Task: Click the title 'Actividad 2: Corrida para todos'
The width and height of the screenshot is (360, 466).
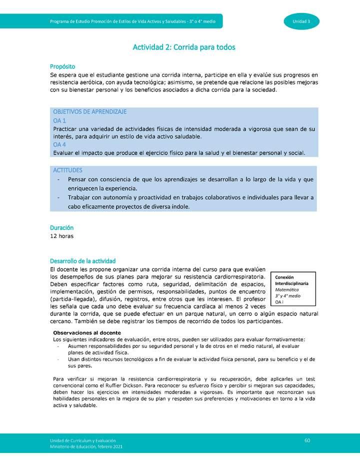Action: (183, 47)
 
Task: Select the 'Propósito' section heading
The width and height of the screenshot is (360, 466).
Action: (62, 66)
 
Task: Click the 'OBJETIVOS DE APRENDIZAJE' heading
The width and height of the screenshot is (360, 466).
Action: (89, 111)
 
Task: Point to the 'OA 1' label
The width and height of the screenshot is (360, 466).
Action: (59, 120)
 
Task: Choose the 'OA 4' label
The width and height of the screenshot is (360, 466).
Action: (59, 144)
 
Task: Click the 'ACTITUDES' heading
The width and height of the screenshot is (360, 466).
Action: (67, 170)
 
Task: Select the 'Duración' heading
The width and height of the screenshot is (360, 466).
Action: (61, 227)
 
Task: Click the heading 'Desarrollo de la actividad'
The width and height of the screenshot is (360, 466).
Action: (83, 261)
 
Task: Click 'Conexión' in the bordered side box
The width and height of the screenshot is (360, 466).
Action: (284, 277)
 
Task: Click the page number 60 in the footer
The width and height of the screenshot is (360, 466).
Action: (307, 439)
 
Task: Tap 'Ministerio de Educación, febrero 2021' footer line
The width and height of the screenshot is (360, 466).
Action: (85, 446)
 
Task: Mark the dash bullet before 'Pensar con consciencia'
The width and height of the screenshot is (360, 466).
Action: (59, 179)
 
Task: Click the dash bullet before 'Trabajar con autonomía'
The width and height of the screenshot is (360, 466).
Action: (59, 198)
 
